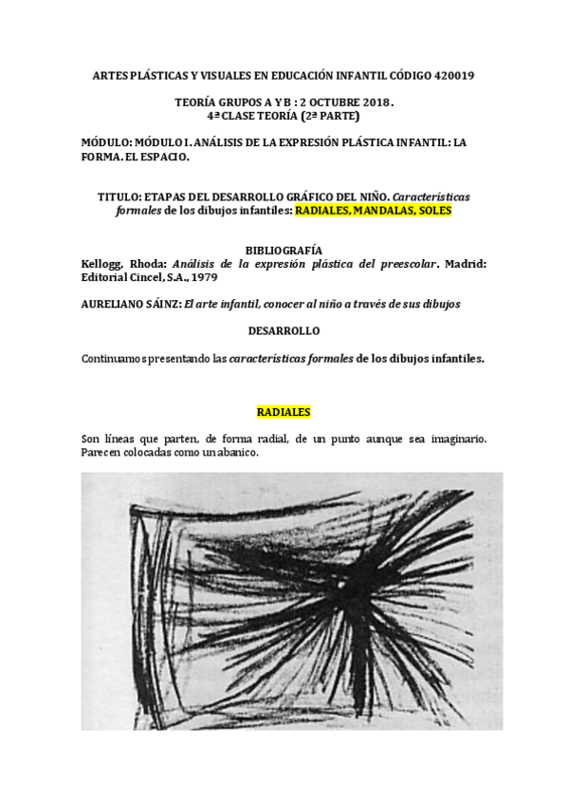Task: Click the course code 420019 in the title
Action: coord(454,74)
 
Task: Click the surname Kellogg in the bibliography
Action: coord(100,264)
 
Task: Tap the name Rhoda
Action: coord(148,264)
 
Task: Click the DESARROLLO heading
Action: coord(284,331)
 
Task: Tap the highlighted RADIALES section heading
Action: coord(284,413)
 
